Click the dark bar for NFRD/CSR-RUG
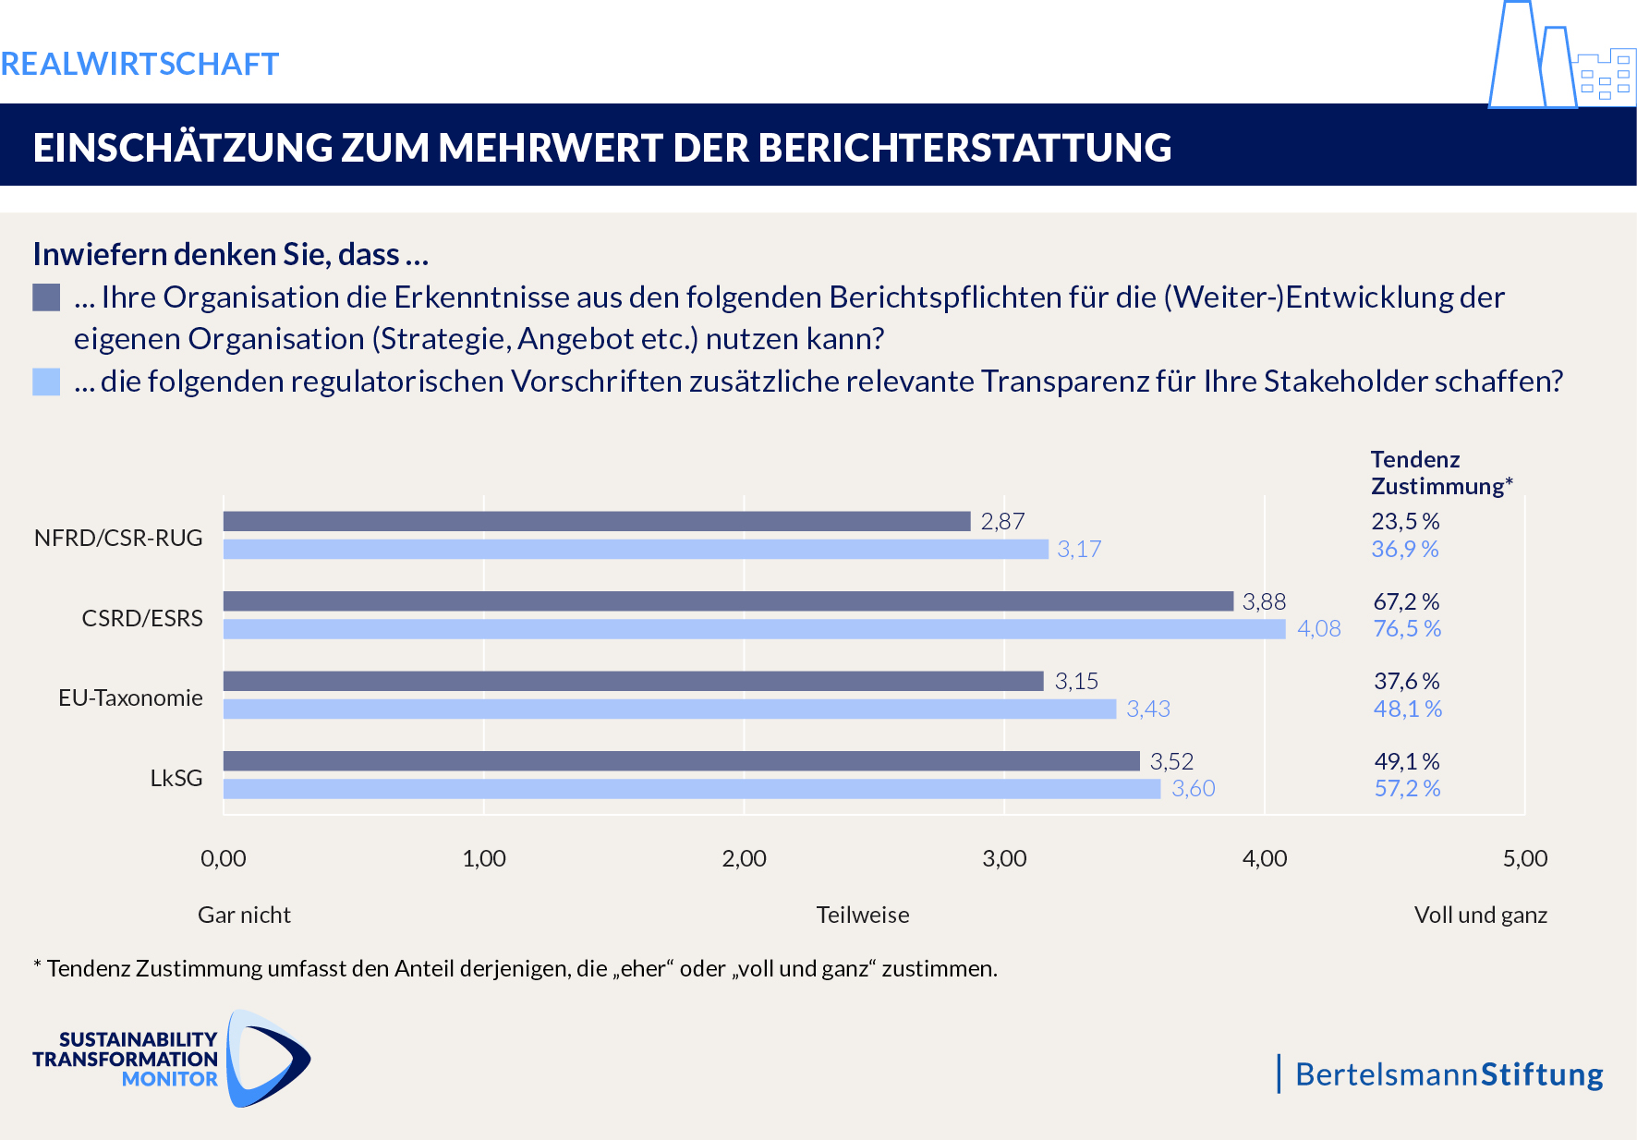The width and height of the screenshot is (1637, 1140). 597,521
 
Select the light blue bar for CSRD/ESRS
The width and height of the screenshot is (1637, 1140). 754,629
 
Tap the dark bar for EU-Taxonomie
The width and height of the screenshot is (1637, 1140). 633,681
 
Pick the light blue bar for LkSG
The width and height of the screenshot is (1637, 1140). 691,789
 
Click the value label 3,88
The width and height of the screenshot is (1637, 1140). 1264,601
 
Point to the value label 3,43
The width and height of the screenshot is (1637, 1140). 1147,709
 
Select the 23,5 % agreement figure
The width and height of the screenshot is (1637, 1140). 1405,521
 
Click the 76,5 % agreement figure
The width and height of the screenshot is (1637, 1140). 1407,629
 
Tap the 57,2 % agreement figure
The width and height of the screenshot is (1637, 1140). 1407,789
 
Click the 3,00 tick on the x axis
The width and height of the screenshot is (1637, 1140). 1004,858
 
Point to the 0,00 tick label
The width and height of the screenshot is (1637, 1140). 224,858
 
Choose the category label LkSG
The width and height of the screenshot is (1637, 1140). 176,778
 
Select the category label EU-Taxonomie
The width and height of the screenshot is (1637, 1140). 130,697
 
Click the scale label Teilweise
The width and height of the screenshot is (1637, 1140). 863,915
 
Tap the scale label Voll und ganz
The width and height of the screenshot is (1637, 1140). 1480,915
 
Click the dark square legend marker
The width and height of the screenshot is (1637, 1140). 46,297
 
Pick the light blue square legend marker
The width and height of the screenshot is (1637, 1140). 46,382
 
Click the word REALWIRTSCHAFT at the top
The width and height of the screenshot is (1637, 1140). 139,64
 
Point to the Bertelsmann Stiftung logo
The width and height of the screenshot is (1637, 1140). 1448,1074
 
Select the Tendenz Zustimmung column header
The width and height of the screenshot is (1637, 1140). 1440,473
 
